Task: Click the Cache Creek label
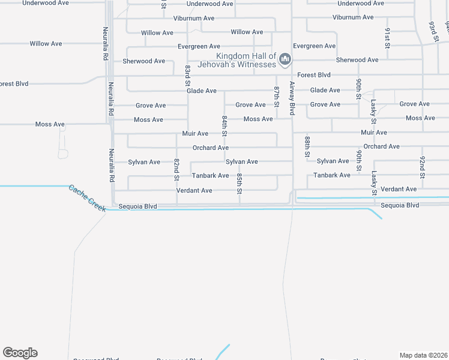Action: [87, 198]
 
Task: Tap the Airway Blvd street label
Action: [292, 98]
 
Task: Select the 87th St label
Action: [277, 96]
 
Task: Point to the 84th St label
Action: [224, 126]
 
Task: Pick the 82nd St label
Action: [176, 170]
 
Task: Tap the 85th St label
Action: [239, 184]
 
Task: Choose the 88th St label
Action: [307, 146]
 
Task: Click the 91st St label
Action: [388, 37]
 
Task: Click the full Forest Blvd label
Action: [314, 75]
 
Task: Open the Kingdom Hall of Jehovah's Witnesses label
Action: [246, 60]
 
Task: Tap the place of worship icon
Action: [285, 59]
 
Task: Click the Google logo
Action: [20, 353]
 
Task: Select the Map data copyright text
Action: [424, 355]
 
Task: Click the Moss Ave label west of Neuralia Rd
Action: [50, 125]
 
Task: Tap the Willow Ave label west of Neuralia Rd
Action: [46, 44]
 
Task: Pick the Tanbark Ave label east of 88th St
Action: [332, 175]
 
